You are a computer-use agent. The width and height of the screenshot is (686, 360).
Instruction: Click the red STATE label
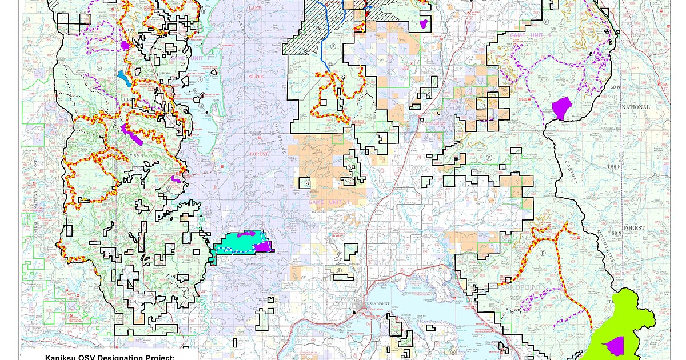coord(256,77)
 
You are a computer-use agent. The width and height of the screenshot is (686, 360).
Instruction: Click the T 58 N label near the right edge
coord(615,233)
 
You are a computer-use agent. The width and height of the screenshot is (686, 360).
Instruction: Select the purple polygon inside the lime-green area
coord(615,345)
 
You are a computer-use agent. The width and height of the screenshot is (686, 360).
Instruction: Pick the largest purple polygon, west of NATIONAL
coord(562,107)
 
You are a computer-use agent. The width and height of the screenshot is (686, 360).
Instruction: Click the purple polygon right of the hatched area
coord(424,24)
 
